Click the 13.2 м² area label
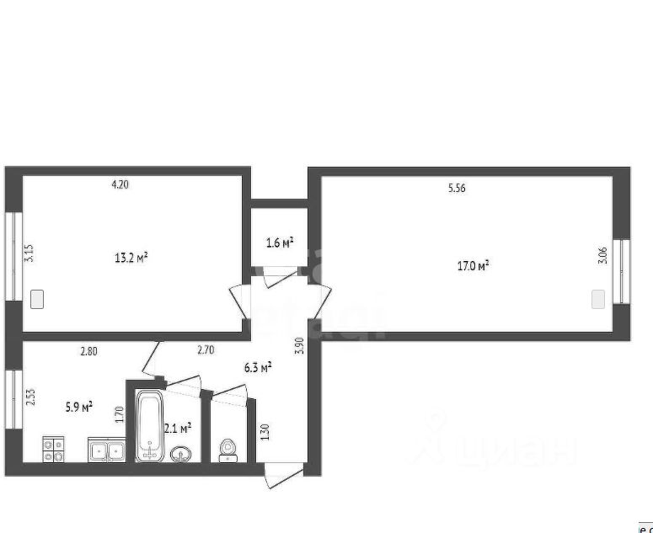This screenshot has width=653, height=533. coord(131,258)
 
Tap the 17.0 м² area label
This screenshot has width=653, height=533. coord(473,266)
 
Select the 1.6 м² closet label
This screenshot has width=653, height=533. coord(279,243)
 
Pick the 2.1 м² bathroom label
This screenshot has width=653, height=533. coord(178,428)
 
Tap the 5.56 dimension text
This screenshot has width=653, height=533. coord(456,189)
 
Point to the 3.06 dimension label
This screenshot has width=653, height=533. coord(602,255)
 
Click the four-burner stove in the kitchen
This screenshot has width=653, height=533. coord(55,449)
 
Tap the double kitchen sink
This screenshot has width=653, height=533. coord(106,450)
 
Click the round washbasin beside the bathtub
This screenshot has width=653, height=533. coord(180,455)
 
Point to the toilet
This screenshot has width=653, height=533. coord(227,450)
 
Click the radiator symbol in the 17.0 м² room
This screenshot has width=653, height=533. coord(598,299)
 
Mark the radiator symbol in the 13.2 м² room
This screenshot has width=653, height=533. coord(37,298)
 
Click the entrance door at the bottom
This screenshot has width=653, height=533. coord(283,477)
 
